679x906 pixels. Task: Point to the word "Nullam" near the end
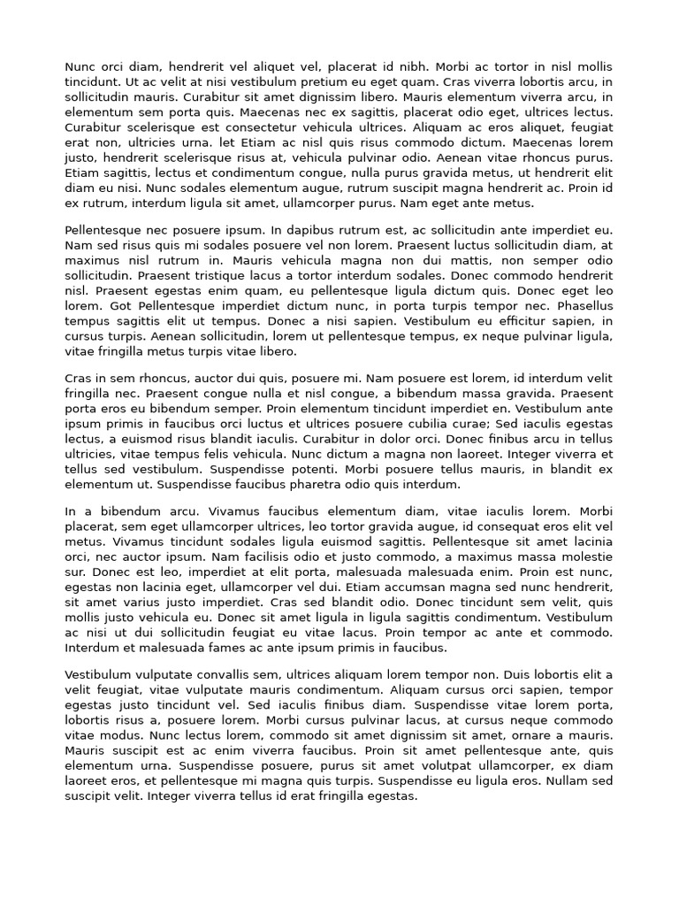(x=568, y=781)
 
